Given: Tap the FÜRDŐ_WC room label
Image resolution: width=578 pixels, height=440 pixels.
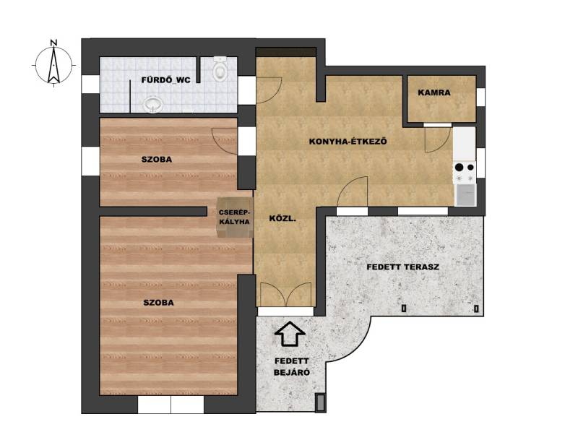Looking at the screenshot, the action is click(166, 80).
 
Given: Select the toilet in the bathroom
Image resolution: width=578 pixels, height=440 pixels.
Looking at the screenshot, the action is click(220, 69).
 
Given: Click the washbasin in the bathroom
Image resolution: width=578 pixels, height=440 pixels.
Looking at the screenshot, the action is click(153, 105).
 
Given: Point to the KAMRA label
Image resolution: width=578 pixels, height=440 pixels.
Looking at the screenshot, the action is click(434, 92).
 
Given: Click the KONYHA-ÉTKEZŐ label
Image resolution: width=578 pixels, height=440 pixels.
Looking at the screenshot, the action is click(348, 141).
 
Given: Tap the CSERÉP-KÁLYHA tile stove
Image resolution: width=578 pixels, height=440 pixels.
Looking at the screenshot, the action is click(235, 217).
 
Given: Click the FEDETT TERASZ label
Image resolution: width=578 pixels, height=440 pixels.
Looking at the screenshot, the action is click(403, 267).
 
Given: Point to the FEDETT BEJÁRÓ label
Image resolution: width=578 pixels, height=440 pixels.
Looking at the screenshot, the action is click(292, 367).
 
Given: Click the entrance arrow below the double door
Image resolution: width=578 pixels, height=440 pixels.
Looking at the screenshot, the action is click(290, 334).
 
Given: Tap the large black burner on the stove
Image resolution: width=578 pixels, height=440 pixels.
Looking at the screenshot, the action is click(459, 168).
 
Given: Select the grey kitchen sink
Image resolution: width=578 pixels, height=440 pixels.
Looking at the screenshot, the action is click(465, 195).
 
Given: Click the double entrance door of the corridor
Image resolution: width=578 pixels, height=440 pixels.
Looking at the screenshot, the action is click(285, 295).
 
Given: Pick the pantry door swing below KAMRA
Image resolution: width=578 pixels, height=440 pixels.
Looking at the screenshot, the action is click(438, 139).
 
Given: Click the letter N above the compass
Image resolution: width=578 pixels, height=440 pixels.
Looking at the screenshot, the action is click(53, 43).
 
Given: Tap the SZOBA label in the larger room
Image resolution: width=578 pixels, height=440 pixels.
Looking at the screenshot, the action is click(158, 303).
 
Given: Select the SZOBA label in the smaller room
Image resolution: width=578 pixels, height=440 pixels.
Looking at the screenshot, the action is click(157, 160).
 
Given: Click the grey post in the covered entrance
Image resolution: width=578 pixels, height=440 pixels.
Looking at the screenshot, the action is click(320, 402).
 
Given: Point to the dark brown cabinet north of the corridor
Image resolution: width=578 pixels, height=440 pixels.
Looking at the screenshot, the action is click(286, 52).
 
